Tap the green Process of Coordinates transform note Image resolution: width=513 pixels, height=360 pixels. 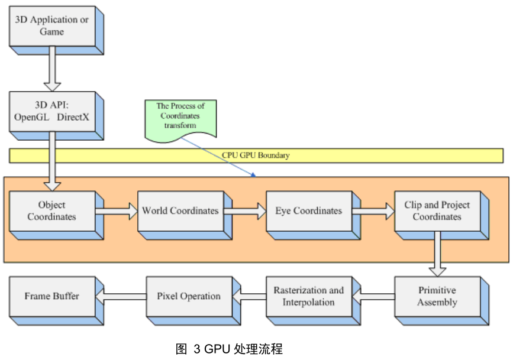[x=180, y=119]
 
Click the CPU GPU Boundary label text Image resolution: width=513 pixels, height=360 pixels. [x=256, y=155]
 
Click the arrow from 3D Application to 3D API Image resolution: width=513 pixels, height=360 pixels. [x=52, y=69]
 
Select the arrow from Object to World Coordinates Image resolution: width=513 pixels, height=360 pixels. [x=117, y=211]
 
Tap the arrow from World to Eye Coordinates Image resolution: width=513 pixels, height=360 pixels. [x=245, y=211]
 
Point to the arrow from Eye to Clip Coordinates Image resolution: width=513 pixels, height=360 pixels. [x=373, y=211]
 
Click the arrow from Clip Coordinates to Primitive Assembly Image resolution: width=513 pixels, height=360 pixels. [x=437, y=254]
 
